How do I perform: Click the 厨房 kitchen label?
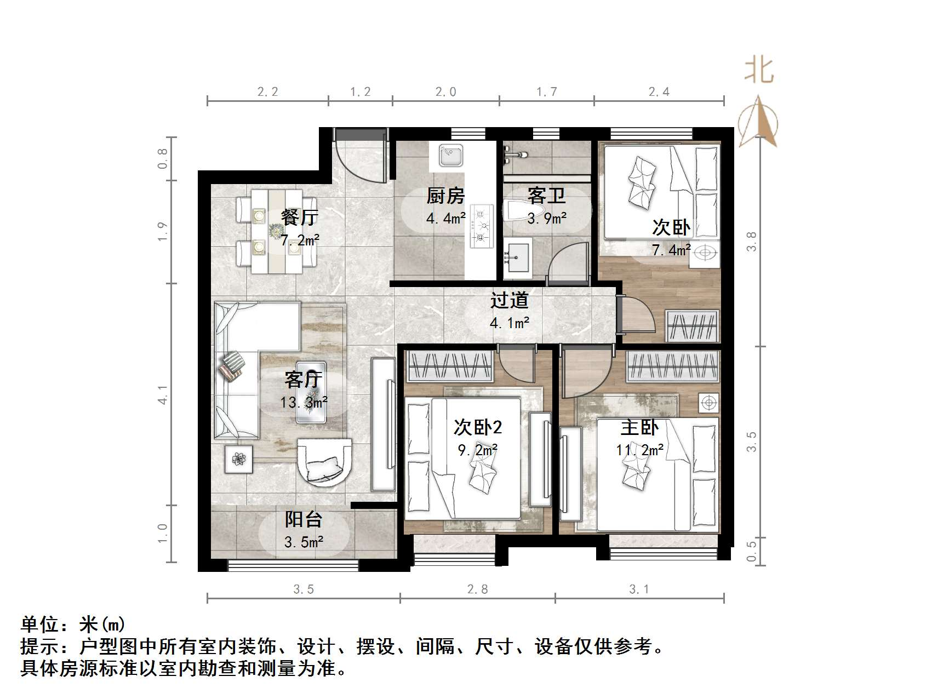445,196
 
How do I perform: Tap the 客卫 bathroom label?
546,196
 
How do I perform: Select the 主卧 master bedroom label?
639,427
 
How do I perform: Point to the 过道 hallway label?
509,300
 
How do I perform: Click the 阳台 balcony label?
303,519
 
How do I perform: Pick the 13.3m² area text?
304,403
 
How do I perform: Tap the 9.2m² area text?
477,450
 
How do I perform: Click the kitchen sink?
451,155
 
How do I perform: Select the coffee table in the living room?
311,392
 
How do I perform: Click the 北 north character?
759,70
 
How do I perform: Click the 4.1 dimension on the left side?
162,395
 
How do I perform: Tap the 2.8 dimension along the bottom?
477,589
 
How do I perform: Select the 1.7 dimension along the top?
546,92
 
